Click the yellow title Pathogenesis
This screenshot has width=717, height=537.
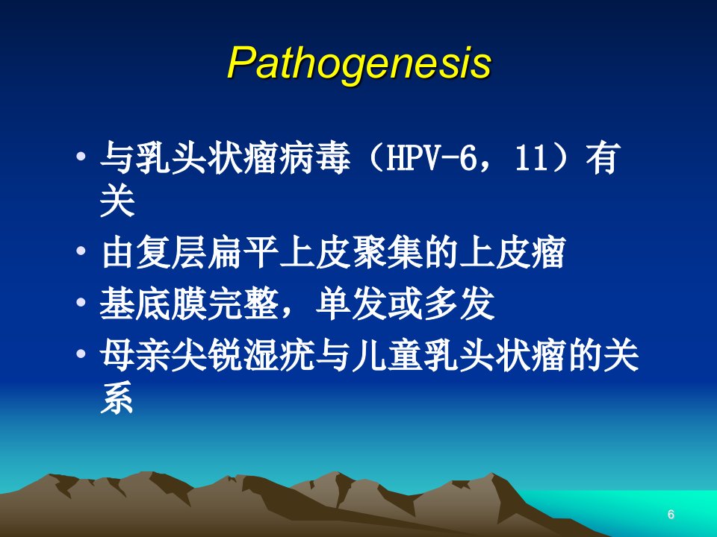[359, 63]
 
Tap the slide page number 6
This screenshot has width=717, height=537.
[671, 514]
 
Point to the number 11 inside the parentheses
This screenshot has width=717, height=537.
[531, 158]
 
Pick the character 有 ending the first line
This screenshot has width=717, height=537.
[603, 158]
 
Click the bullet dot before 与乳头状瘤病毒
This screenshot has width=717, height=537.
[81, 157]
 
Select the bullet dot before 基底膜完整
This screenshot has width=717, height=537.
[81, 302]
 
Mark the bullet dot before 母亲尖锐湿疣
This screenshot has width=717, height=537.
[81, 353]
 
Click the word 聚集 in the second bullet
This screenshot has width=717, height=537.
[386, 253]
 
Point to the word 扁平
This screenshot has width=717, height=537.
[243, 253]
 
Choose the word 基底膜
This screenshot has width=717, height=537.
[153, 304]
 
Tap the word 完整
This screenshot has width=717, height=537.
[243, 304]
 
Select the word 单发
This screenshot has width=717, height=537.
[351, 304]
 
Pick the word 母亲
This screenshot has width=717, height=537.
[135, 355]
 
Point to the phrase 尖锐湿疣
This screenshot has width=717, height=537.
[243, 355]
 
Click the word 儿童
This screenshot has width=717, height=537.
[386, 355]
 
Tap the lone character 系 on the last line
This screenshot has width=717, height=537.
[117, 397]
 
